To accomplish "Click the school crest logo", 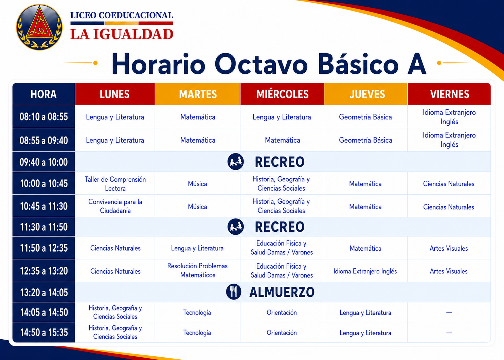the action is click(x=39, y=27).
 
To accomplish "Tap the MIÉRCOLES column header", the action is click(x=282, y=94).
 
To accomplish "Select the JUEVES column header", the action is click(x=366, y=94).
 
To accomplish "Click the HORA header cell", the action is click(x=44, y=94).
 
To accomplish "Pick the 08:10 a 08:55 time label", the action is click(x=44, y=117).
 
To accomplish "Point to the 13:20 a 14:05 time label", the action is click(x=44, y=292).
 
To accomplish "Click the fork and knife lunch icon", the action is click(x=234, y=292).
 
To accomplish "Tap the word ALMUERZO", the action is click(x=282, y=292).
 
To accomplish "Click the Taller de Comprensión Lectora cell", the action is click(x=115, y=184).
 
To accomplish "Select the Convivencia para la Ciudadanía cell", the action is click(x=115, y=206).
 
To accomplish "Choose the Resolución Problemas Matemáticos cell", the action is click(x=198, y=270).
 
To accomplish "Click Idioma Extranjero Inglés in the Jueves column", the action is click(x=365, y=271).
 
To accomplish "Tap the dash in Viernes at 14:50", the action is click(x=449, y=332).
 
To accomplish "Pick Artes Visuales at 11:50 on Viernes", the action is click(x=449, y=248).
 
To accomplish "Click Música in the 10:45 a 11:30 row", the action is click(x=197, y=206).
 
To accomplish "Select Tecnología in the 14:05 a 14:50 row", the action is click(x=197, y=312).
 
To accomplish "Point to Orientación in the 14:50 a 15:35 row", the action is click(x=282, y=332).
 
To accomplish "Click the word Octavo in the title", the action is click(x=261, y=64).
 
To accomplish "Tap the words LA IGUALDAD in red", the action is click(x=122, y=34).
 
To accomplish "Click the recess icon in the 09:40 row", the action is click(x=235, y=161).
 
